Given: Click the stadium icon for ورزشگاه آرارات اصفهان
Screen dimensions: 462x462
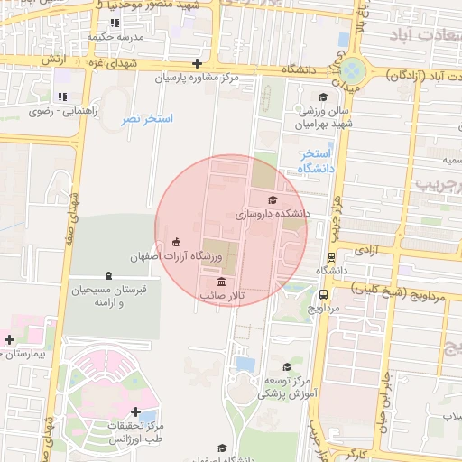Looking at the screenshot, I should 176,242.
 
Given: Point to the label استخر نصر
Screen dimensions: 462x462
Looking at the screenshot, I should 142,119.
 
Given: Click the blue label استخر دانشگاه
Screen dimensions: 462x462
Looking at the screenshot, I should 316,162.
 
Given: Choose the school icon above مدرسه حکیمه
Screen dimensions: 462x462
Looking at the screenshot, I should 115,23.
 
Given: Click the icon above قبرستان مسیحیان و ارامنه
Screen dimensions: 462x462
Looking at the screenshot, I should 108,275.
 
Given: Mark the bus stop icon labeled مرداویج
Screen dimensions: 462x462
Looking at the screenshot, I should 324,294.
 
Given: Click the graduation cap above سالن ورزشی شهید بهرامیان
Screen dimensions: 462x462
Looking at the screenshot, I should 323,97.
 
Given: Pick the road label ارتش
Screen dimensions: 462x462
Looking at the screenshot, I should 54,59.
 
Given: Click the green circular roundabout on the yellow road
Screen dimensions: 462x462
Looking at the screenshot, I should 353,69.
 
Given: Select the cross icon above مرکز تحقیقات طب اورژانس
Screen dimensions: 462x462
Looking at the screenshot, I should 135,411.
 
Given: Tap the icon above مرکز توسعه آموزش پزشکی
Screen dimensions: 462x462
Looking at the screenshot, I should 287,366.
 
